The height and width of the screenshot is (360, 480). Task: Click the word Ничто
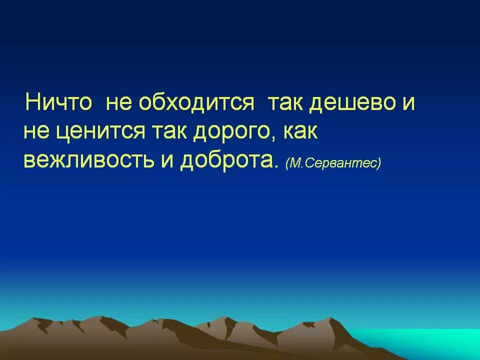coord(58,103)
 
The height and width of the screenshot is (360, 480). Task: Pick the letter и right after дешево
coord(408,104)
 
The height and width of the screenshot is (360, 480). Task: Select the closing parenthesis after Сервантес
coord(379,163)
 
